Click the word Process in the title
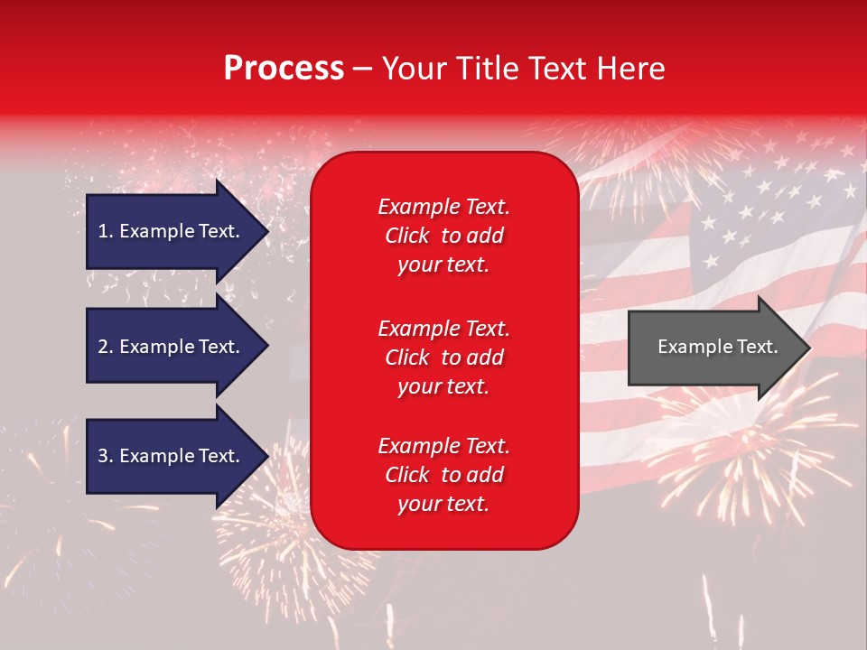click(284, 69)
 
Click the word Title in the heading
click(488, 69)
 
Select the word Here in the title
click(631, 69)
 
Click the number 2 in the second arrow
click(103, 347)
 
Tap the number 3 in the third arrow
click(103, 456)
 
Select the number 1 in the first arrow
click(103, 231)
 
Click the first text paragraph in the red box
click(443, 236)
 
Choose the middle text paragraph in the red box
click(443, 357)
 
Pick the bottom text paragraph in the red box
click(443, 475)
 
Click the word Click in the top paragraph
click(407, 236)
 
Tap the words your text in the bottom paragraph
click(443, 504)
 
